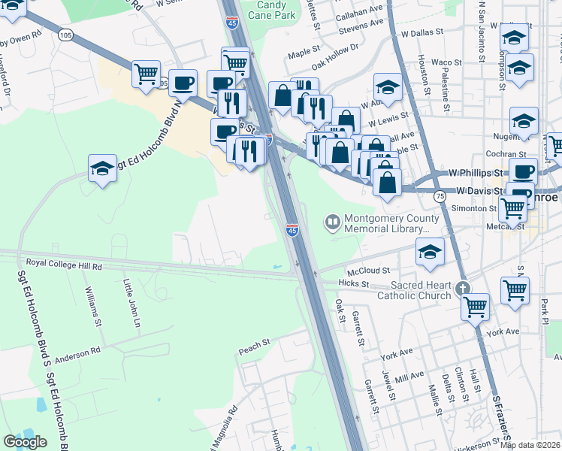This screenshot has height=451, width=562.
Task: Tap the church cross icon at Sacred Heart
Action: coord(464,288)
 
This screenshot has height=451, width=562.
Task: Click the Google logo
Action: coord(25,442)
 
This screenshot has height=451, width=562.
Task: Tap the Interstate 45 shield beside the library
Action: coord(293,229)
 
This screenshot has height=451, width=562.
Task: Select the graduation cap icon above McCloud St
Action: coord(430,253)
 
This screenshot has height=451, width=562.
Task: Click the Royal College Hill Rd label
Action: coord(64,264)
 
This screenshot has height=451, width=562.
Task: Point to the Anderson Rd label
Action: coord(77,351)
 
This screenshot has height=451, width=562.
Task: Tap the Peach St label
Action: coord(254,344)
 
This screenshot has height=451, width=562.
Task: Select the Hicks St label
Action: coord(354,284)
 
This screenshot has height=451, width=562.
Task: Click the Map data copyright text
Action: coord(530,445)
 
